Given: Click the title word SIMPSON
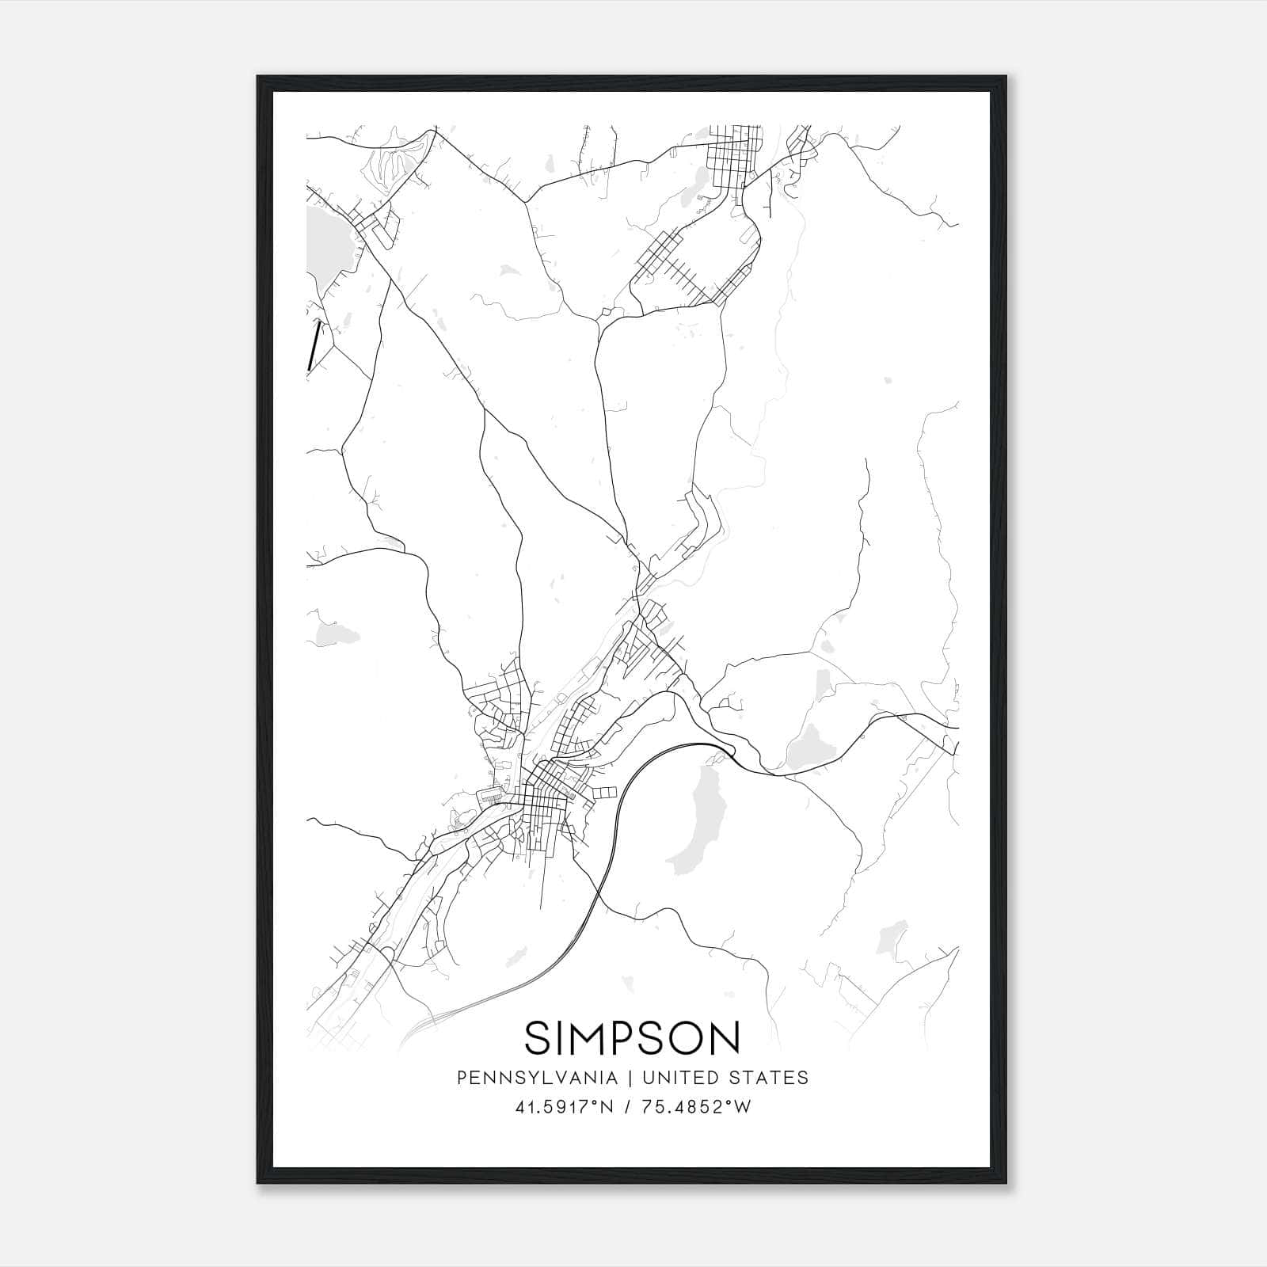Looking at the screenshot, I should click(632, 1038).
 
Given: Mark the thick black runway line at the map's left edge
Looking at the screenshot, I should click(314, 345).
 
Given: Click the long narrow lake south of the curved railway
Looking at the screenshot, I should click(694, 824).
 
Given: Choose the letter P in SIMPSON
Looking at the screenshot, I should click(621, 1038).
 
